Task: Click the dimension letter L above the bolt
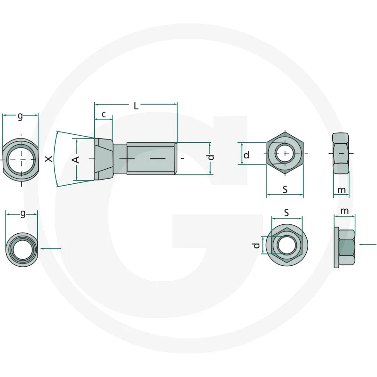[x=136, y=106]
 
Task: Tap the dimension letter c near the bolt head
[x=104, y=115]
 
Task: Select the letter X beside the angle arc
[x=49, y=159]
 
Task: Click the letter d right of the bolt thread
[x=211, y=157]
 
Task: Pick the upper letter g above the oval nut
[x=20, y=116]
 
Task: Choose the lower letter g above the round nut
[x=23, y=213]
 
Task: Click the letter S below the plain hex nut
[x=285, y=189]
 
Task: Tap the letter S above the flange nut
[x=287, y=213]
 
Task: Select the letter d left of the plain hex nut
[x=246, y=155]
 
